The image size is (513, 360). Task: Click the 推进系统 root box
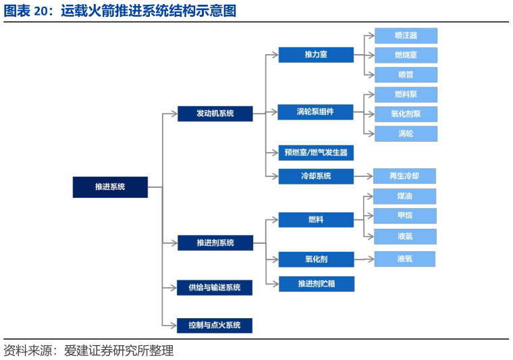(110, 186)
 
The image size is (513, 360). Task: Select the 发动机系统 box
(215, 113)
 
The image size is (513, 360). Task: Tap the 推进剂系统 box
(215, 242)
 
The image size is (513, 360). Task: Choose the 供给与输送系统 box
(215, 288)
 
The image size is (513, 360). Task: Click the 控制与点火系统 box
(215, 326)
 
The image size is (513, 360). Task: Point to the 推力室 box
(315, 55)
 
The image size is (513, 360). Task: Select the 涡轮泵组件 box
(315, 111)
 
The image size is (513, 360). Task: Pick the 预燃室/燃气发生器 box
(315, 153)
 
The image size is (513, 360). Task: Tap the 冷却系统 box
(315, 176)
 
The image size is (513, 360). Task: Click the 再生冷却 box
(404, 176)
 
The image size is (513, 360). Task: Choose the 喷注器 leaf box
(406, 36)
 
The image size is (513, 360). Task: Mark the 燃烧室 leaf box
(406, 55)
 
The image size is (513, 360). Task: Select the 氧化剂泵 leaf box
(406, 113)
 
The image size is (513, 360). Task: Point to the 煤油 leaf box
(405, 197)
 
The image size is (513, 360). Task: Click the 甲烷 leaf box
(405, 216)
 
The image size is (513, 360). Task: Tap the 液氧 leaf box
(404, 259)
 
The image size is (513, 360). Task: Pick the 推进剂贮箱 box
(316, 284)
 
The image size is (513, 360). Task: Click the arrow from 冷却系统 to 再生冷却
(363, 176)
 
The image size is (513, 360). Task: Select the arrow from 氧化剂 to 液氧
(364, 259)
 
